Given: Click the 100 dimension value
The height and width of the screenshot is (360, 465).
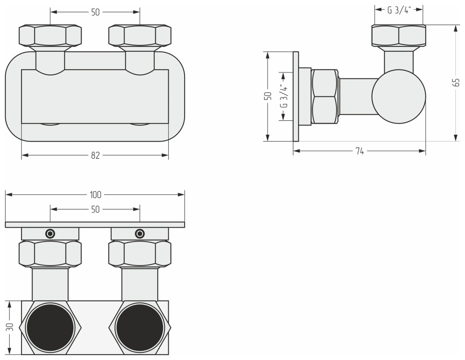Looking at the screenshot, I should pyautogui.click(x=95, y=195).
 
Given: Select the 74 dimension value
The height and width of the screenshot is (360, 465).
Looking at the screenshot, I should pyautogui.click(x=360, y=151).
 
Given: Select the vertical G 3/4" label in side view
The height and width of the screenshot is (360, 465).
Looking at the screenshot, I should pyautogui.click(x=284, y=97).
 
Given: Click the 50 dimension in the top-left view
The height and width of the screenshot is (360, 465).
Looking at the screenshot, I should pyautogui.click(x=95, y=12).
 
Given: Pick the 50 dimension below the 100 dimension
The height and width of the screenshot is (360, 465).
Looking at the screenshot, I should pyautogui.click(x=95, y=209).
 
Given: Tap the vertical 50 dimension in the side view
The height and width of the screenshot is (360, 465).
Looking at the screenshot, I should pyautogui.click(x=268, y=97).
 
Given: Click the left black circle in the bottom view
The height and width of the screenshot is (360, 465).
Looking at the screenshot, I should pyautogui.click(x=50, y=327).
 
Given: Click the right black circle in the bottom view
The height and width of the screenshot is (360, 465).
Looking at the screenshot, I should pyautogui.click(x=139, y=327).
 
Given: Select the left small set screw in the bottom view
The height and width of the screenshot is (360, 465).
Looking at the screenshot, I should pyautogui.click(x=50, y=234).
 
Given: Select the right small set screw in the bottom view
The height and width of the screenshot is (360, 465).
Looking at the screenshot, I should pyautogui.click(x=139, y=234).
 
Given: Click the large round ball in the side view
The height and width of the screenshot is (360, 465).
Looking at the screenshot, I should pyautogui.click(x=399, y=95).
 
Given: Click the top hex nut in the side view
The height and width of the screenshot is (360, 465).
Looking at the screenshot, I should pyautogui.click(x=399, y=36).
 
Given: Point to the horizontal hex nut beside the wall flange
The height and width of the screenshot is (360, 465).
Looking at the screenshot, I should pyautogui.click(x=325, y=97).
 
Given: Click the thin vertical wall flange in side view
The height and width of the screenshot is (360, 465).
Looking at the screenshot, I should pyautogui.click(x=296, y=97).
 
